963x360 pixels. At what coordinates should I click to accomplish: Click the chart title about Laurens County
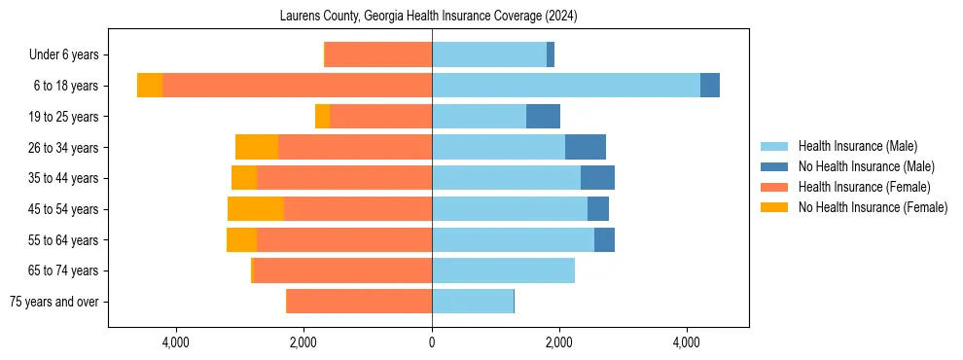pos(428,17)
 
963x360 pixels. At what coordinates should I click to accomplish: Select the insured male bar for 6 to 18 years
pos(565,86)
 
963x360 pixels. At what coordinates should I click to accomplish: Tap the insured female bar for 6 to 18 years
pos(297,86)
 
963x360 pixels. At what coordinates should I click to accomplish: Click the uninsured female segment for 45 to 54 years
pos(255,209)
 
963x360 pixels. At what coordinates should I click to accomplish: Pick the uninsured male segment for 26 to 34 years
pos(585,147)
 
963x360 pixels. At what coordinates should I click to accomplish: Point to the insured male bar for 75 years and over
pos(472,302)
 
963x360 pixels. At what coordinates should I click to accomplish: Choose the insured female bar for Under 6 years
pos(377,54)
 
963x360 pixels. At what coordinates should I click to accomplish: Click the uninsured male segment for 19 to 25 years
pos(543,117)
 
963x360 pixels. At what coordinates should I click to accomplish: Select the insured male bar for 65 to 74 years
pos(503,270)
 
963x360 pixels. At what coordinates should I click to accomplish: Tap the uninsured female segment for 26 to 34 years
pos(257,147)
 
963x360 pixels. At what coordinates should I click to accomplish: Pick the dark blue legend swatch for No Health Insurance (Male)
pos(774,166)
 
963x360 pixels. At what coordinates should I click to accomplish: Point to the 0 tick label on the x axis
pos(432,342)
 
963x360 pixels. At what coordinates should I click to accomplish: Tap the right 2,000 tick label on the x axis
pos(559,342)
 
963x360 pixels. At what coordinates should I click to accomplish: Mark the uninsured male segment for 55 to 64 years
pos(604,240)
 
